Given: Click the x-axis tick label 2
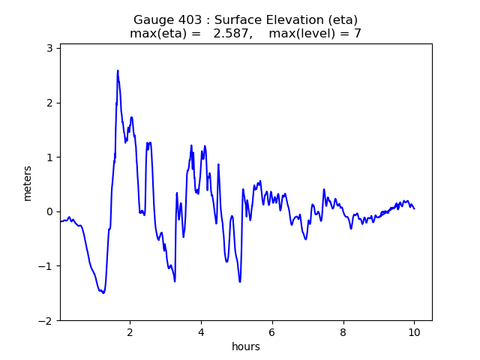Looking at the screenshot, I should pyautogui.click(x=130, y=331).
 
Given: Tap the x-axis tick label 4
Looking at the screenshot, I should pyautogui.click(x=201, y=331).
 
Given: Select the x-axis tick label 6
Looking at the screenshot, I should pyautogui.click(x=272, y=331).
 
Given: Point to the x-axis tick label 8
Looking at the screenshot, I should pyautogui.click(x=343, y=331).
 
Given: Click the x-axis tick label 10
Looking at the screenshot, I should pyautogui.click(x=414, y=331).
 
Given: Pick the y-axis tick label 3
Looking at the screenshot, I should pyautogui.click(x=49, y=48).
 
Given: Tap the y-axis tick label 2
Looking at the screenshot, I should pyautogui.click(x=49, y=103).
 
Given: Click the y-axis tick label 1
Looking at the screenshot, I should pyautogui.click(x=49, y=157).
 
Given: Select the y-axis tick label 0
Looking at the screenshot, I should pyautogui.click(x=49, y=211).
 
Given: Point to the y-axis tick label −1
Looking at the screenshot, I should pyautogui.click(x=46, y=266).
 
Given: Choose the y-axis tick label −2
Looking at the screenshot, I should pyautogui.click(x=46, y=321).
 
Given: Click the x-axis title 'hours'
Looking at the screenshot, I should pyautogui.click(x=246, y=346).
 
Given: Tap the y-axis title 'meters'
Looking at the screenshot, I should pyautogui.click(x=28, y=183).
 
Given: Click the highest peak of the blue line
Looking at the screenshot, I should pyautogui.click(x=118, y=70).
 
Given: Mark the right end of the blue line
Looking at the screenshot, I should pyautogui.click(x=414, y=208).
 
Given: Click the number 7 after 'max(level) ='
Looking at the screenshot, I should pyautogui.click(x=358, y=34).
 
